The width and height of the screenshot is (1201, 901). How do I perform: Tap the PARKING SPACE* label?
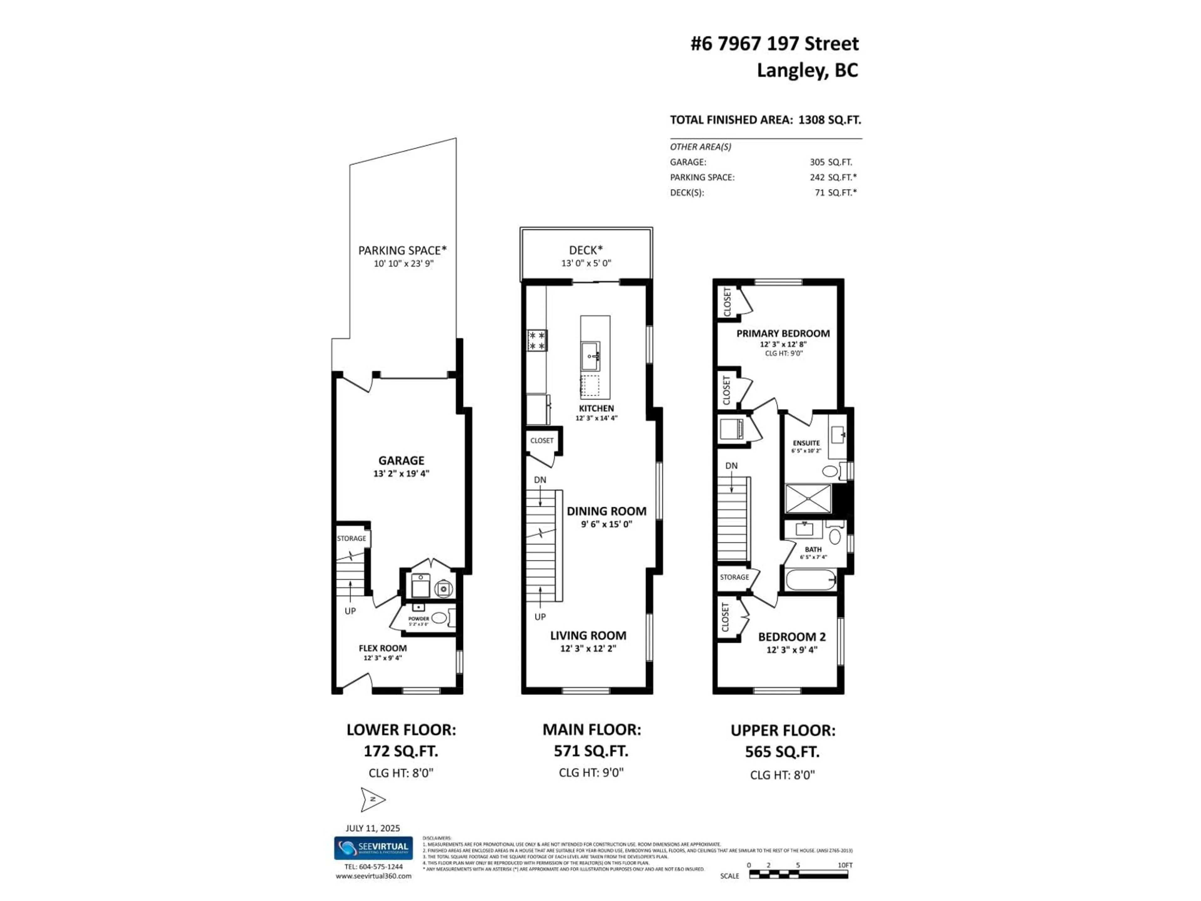(402, 250)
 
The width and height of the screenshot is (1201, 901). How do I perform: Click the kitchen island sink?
(591, 356)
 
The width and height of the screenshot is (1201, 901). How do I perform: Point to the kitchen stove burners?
(537, 340)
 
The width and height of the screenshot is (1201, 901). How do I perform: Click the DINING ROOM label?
(606, 511)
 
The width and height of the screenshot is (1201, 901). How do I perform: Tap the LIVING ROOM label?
(588, 635)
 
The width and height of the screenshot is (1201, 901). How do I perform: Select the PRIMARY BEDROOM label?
(783, 333)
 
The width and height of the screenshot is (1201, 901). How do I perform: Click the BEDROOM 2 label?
(792, 637)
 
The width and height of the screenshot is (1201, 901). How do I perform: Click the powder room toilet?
(439, 618)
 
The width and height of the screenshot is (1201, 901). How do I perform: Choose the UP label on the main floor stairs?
(540, 616)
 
